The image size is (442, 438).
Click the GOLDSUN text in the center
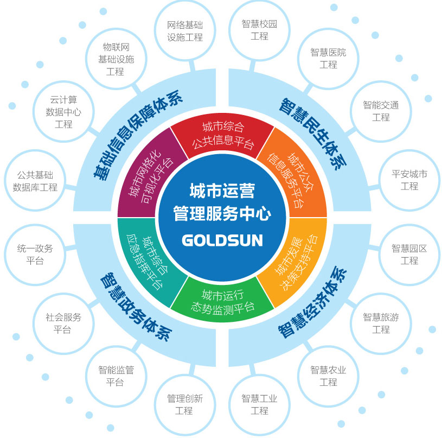[x=222, y=240]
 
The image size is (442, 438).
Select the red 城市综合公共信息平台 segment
[x=222, y=135]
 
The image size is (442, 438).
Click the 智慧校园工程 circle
[x=259, y=30]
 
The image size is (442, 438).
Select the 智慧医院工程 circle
[x=328, y=59]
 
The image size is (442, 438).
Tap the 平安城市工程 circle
[x=409, y=180]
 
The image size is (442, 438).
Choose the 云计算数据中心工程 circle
[x=63, y=112]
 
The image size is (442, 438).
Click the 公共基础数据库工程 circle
[x=35, y=181]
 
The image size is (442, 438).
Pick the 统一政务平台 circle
[x=35, y=255]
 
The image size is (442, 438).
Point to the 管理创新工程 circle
[x=185, y=405]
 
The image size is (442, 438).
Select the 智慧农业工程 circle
[x=328, y=376]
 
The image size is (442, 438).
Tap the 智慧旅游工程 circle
[x=381, y=323]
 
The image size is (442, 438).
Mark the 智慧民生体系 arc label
[x=313, y=134]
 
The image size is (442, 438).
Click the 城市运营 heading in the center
[x=222, y=191]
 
